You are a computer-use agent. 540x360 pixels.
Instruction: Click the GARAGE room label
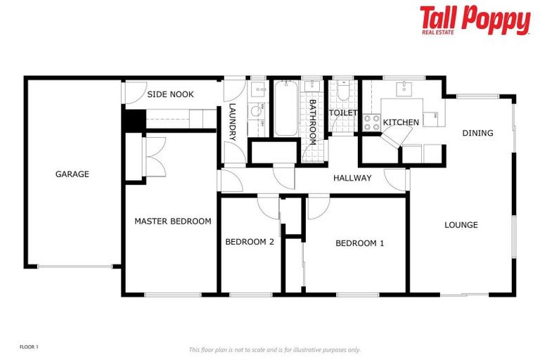(x=72, y=174)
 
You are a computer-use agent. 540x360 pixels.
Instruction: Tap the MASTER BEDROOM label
(x=172, y=221)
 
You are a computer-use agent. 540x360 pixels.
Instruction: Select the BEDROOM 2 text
(x=250, y=242)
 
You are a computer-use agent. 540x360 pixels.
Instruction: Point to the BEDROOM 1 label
(x=360, y=243)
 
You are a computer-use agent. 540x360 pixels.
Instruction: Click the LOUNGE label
(x=461, y=225)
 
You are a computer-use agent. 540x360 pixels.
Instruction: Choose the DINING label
(x=477, y=133)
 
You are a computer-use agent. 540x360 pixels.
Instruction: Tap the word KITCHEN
(x=401, y=122)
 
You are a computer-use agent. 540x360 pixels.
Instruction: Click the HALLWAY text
(x=352, y=178)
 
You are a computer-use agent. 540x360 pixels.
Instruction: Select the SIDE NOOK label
(x=170, y=94)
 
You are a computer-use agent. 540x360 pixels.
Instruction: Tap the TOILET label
(x=344, y=112)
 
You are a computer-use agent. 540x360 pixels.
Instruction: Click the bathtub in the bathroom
(x=285, y=110)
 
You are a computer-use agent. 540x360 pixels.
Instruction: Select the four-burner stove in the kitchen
(x=371, y=122)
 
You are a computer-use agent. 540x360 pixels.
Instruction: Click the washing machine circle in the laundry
(x=256, y=110)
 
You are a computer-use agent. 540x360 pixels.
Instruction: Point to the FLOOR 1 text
(x=29, y=347)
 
